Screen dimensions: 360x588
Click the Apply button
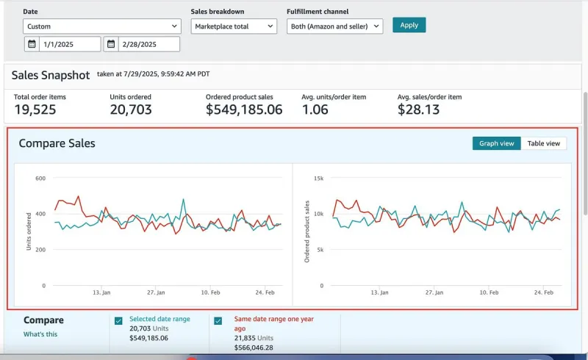click(x=409, y=25)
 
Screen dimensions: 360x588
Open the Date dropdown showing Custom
click(x=101, y=26)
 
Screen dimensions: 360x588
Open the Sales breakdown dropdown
click(x=234, y=26)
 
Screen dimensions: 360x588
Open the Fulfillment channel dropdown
click(x=334, y=26)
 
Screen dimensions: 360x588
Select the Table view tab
click(x=543, y=143)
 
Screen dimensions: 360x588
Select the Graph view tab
click(x=496, y=143)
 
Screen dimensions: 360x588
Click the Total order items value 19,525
click(x=35, y=110)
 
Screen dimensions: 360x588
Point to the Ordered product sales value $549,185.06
click(x=243, y=110)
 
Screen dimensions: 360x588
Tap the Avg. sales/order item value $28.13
click(x=418, y=110)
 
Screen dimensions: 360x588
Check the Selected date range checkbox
click(x=118, y=321)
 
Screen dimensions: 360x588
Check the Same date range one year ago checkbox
click(x=218, y=321)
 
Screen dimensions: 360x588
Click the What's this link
click(x=40, y=334)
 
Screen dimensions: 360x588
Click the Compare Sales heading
click(x=57, y=143)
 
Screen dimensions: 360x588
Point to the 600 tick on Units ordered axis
click(x=40, y=179)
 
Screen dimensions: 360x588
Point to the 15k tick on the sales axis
click(x=318, y=179)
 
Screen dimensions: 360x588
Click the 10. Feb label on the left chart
click(x=212, y=292)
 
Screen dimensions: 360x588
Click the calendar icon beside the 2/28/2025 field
click(x=111, y=44)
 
